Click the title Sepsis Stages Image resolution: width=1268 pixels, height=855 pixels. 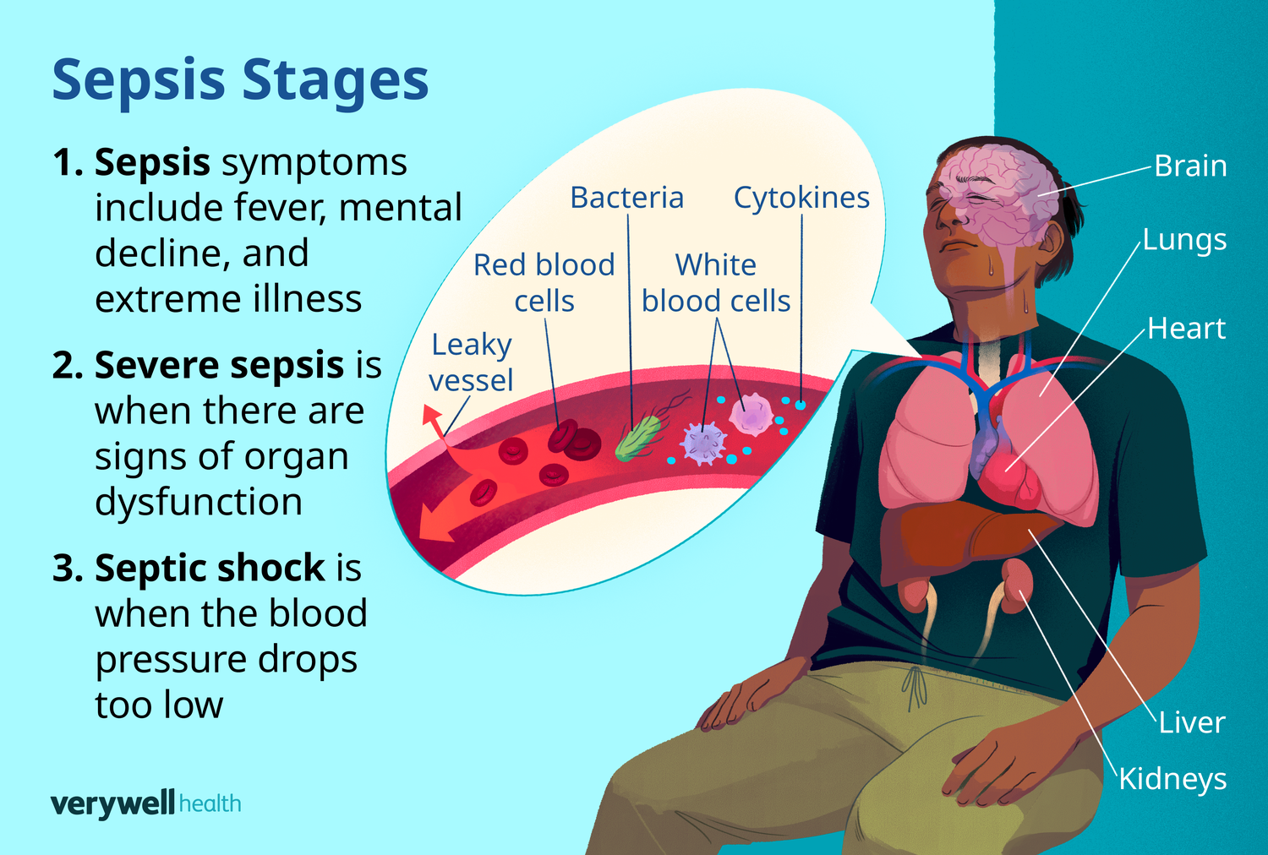coord(240,80)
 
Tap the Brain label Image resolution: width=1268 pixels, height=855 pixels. coord(1190,166)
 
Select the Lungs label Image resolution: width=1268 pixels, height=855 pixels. coord(1184,241)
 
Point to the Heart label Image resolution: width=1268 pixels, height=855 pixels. coord(1186,329)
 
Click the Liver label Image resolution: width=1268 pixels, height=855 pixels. coord(1191,723)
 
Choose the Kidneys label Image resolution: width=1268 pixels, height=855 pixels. coord(1172,779)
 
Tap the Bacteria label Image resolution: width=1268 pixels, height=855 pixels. coord(626,198)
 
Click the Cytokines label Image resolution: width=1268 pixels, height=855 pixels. coord(801,198)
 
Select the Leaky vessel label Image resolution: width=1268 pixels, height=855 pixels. coord(471,362)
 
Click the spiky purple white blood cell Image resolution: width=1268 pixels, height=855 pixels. coord(703,443)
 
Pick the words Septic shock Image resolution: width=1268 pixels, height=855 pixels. coord(210,568)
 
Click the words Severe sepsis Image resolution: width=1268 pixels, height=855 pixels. coord(219,365)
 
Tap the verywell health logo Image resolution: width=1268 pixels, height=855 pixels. coord(145,803)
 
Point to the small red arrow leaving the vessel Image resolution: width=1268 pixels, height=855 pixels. coord(433,419)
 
